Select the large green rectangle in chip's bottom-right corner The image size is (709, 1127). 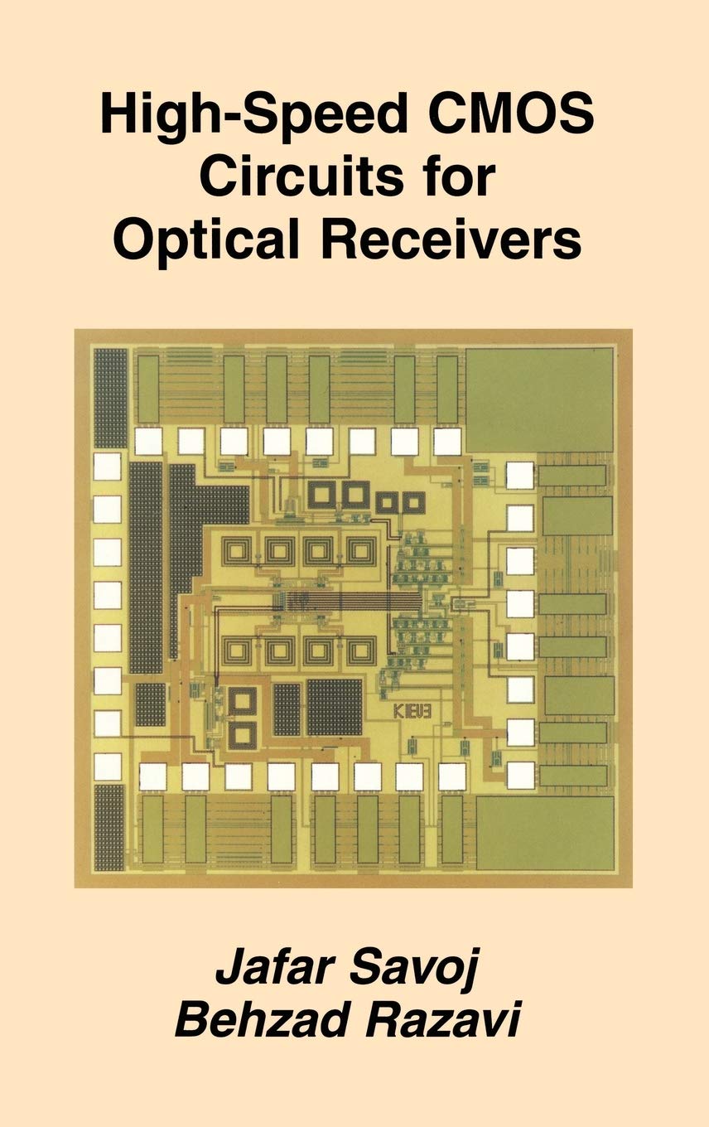coord(545,834)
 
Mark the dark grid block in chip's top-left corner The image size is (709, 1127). coord(109,399)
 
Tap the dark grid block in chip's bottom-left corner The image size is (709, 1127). coord(109,826)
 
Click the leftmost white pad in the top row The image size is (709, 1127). coord(149,441)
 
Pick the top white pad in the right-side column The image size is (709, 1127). coord(520,475)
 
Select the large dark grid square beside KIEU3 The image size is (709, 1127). coord(335,707)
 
